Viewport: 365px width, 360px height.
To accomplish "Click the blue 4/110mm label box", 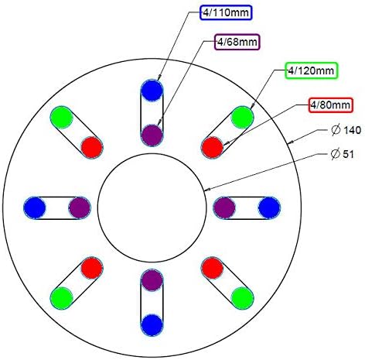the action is click(x=226, y=12).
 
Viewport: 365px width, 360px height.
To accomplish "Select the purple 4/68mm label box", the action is click(x=237, y=42).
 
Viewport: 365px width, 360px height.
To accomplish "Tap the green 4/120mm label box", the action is click(x=311, y=70).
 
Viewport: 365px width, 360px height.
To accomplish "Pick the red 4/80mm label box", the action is click(x=330, y=105).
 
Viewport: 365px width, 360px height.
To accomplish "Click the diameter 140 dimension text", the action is click(x=346, y=130).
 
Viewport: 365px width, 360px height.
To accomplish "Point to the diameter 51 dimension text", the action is click(x=343, y=154).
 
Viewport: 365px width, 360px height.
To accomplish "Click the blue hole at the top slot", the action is click(x=152, y=91).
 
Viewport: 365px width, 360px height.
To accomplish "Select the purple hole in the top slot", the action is click(x=152, y=135).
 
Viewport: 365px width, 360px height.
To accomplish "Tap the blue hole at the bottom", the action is click(x=152, y=325).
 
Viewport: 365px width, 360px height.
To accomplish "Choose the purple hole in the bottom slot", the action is click(x=152, y=280).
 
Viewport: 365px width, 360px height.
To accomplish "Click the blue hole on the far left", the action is click(x=35, y=207).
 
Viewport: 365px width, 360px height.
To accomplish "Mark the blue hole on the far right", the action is click(x=269, y=207).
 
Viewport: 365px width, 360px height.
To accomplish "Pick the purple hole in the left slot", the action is click(x=80, y=207).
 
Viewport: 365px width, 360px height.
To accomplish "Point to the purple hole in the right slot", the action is click(x=224, y=207).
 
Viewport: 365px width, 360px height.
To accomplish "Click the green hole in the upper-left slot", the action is click(x=62, y=118).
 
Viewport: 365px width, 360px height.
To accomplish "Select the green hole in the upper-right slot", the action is click(x=242, y=118).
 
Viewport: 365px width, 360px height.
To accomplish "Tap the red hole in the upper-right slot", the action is click(x=212, y=148).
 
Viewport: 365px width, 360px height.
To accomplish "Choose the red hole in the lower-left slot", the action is click(x=92, y=268).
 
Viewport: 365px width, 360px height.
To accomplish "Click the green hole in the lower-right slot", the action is click(x=242, y=298).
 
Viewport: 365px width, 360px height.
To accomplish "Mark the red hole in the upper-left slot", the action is click(x=92, y=148).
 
